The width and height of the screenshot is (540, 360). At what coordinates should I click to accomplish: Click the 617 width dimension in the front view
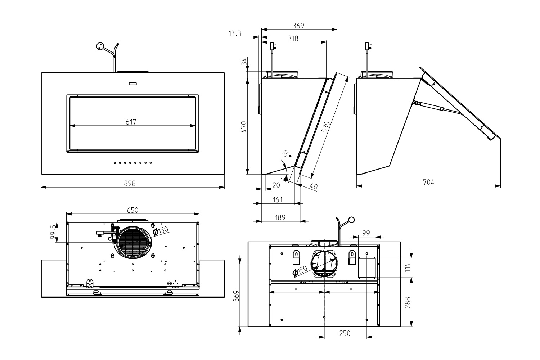131,122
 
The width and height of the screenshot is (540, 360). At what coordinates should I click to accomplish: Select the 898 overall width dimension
130,183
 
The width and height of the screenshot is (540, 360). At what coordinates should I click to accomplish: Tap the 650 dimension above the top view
133,210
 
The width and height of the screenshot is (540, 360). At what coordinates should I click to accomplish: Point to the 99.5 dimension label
53,233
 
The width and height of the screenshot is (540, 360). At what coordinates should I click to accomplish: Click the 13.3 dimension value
235,33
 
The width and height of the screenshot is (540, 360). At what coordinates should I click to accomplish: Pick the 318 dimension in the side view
293,38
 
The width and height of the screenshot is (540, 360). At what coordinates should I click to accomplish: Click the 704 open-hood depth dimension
428,182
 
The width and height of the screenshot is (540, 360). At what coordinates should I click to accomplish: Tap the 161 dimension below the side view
277,199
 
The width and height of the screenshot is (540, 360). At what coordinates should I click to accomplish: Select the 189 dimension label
280,217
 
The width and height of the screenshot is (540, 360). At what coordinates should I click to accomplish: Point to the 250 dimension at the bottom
345,333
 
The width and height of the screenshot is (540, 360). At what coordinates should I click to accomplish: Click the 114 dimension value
408,267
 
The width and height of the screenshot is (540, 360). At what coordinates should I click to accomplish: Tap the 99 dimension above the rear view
366,233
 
